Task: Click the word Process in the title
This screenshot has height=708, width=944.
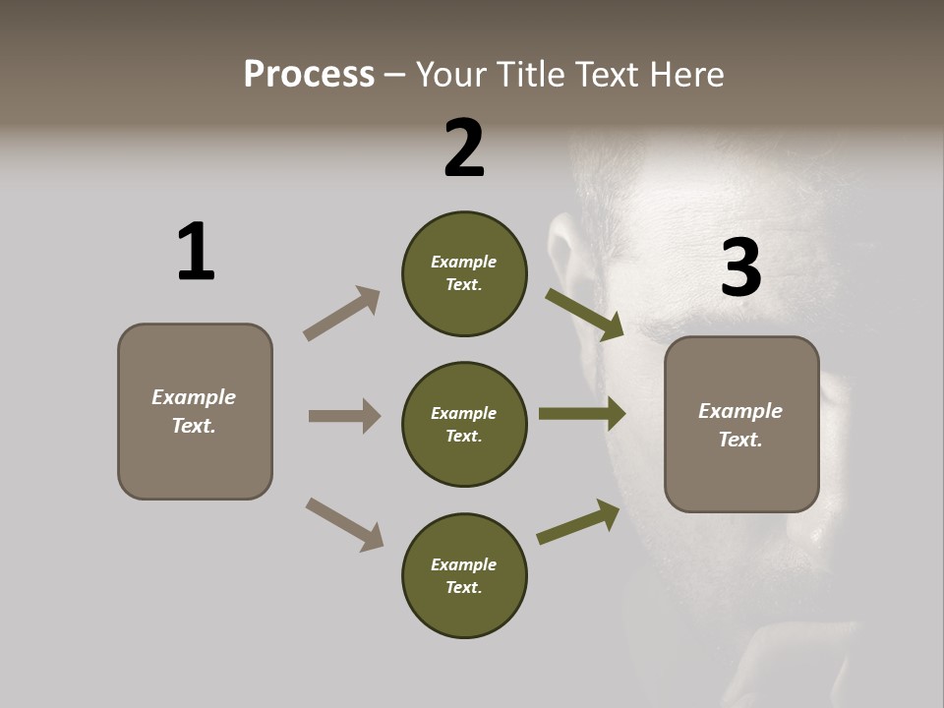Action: (309, 74)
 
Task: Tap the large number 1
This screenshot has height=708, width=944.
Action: (196, 252)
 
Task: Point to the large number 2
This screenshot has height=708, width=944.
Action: (464, 148)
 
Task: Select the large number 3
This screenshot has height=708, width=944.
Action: (740, 268)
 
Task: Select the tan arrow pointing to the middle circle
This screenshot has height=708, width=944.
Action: (344, 416)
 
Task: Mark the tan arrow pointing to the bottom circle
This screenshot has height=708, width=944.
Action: (344, 524)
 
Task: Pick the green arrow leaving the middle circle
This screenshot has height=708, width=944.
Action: (582, 414)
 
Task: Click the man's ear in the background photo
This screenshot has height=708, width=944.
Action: (561, 256)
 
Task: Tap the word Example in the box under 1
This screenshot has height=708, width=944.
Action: (194, 397)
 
